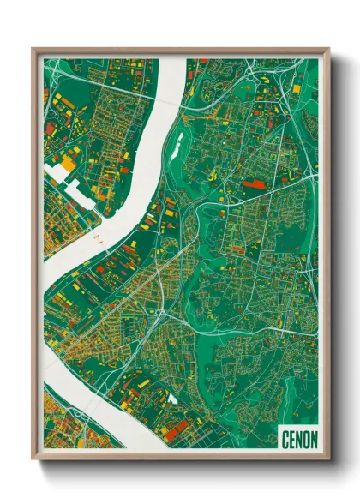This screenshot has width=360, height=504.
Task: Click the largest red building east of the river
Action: pyautogui.click(x=254, y=183)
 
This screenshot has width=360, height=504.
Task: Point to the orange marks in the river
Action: pyautogui.click(x=97, y=240)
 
